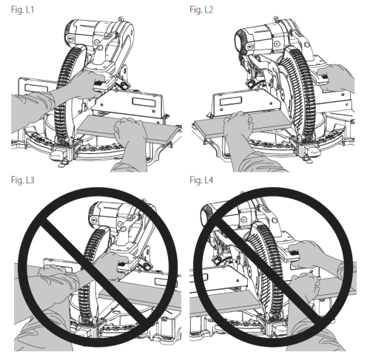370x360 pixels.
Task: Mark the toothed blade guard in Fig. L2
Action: (x=300, y=92)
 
